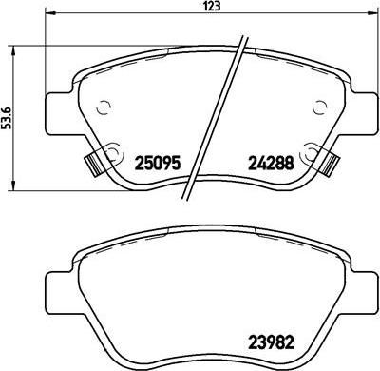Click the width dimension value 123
coord(192,9)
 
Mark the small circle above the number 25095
coord(105,107)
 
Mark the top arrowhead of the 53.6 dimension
coord(10,46)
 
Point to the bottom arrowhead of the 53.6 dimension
coord(10,185)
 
